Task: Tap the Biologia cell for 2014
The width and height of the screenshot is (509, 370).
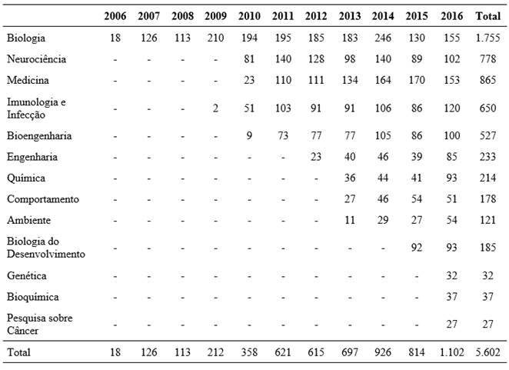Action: point(382,38)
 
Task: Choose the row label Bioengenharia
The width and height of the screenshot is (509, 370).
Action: point(38,136)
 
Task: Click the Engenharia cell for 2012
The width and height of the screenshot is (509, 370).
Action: point(316,157)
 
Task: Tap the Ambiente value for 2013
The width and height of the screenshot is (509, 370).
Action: point(349,219)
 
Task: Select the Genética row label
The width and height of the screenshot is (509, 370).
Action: point(26,275)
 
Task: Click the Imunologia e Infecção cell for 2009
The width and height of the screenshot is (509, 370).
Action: point(217,108)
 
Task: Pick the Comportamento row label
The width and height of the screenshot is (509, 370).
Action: point(42,198)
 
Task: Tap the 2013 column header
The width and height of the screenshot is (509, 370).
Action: point(349,16)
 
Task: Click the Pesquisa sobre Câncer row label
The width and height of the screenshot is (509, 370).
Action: point(41,324)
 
